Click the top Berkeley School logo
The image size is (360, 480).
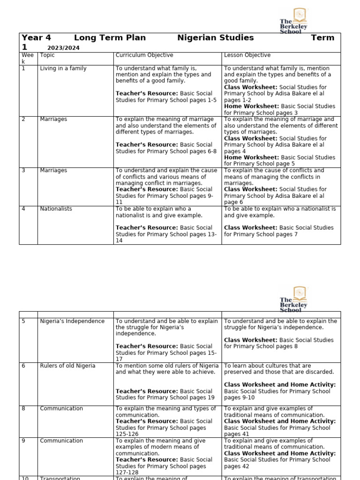pos(294,20)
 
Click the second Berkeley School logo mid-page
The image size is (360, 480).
pos(294,299)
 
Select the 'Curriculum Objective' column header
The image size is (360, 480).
pos(144,55)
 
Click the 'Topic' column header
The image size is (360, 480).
pos(47,55)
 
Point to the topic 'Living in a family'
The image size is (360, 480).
pos(63,68)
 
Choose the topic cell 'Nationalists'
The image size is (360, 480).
pos(56,209)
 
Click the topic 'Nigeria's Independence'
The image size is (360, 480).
pos(72,322)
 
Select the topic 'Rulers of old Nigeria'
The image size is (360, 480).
pos(67,366)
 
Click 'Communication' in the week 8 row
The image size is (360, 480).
pos(61,409)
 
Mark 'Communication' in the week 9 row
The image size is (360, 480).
pos(61,441)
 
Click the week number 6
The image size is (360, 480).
pos(23,366)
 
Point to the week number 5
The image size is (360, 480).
pos(23,322)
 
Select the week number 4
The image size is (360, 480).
pos(23,209)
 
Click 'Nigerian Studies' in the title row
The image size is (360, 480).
pos(216,38)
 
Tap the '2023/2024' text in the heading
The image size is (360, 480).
pos(63,48)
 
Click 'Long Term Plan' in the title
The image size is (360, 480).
pos(110,38)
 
